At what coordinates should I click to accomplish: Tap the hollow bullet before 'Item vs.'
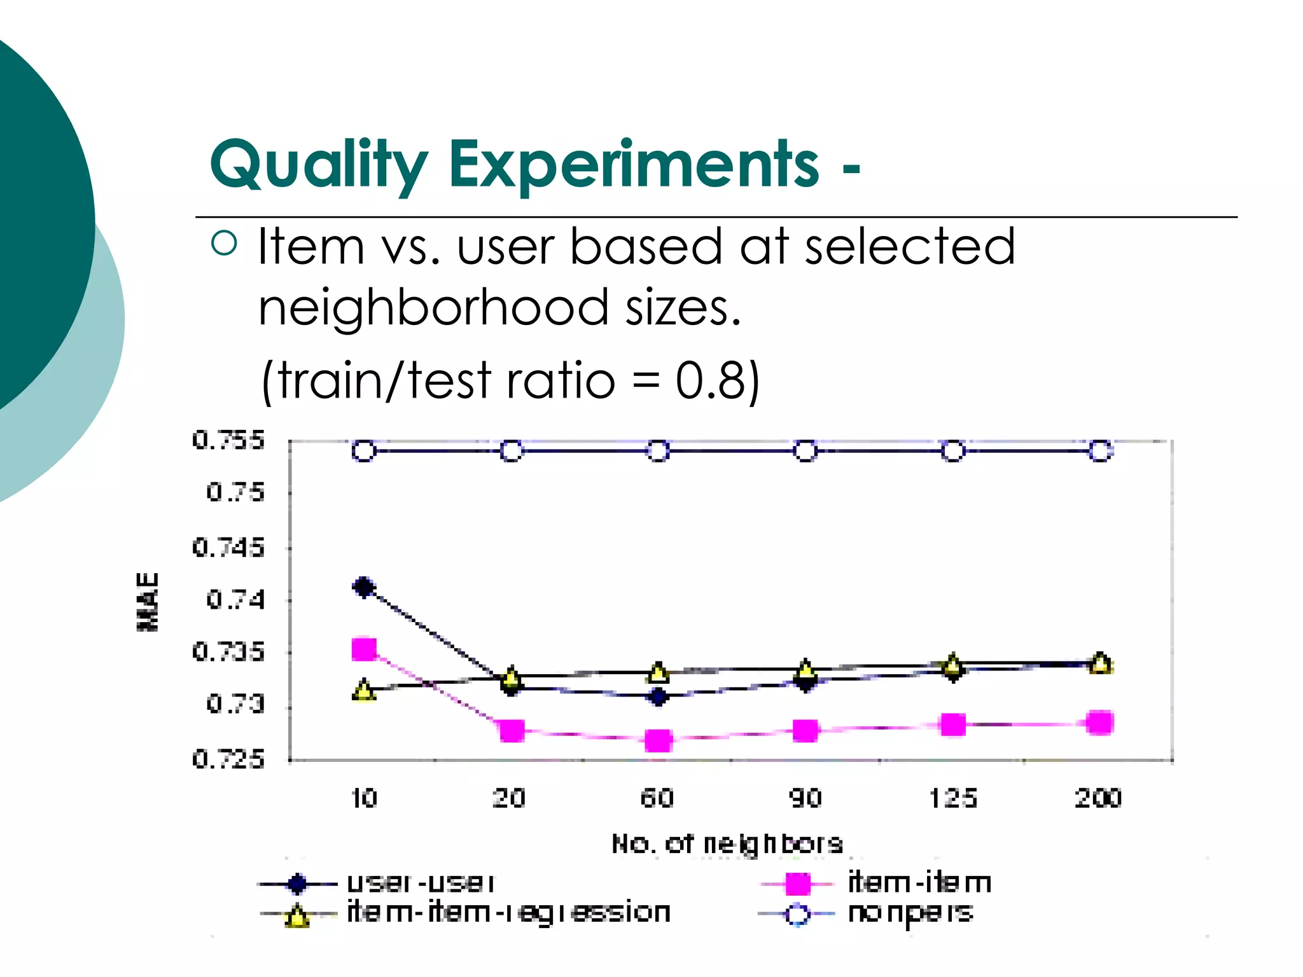[x=224, y=243]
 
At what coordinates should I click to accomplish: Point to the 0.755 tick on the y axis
[x=228, y=440]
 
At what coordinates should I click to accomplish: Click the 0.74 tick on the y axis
[x=235, y=600]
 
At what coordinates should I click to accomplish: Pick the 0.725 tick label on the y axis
[x=228, y=759]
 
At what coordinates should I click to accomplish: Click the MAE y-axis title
[x=148, y=601]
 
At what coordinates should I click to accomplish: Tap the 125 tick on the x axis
[x=952, y=798]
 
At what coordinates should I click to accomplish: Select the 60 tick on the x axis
[x=657, y=798]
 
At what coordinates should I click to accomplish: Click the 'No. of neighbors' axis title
[x=727, y=844]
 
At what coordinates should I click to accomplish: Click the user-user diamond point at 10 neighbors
[x=364, y=587]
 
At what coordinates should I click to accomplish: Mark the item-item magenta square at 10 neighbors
[x=364, y=649]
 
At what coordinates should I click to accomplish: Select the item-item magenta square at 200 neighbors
[x=1100, y=723]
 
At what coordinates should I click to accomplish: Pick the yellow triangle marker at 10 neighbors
[x=364, y=690]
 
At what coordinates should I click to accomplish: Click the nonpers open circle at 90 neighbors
[x=805, y=451]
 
